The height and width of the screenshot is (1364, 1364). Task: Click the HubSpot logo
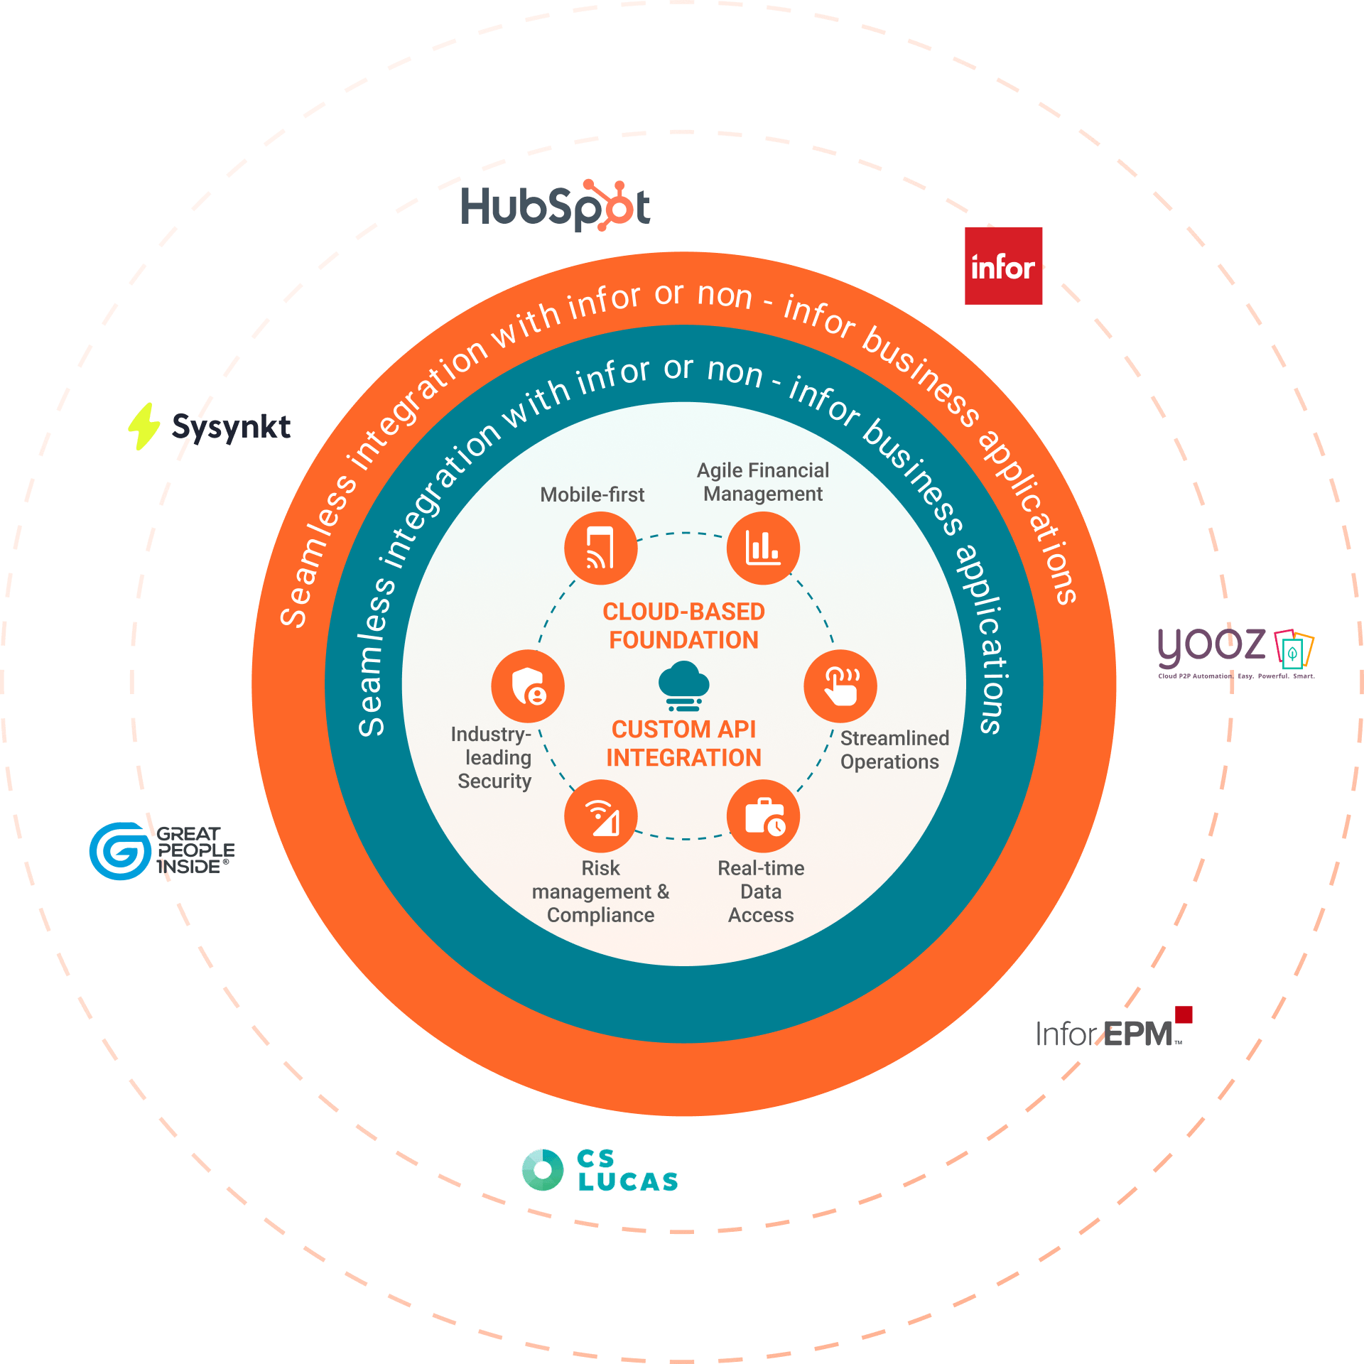556,207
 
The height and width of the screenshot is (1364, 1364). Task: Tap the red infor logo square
1003,266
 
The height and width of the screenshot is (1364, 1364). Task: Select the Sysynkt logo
210,426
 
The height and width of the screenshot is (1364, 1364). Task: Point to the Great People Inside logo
162,850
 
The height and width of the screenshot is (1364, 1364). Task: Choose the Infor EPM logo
1113,1030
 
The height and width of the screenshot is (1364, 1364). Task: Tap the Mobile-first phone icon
600,548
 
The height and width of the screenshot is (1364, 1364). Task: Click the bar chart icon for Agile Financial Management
763,548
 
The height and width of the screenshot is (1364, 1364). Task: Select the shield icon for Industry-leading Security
528,686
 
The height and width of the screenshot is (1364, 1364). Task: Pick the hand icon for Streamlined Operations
840,686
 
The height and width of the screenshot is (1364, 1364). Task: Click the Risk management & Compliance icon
600,816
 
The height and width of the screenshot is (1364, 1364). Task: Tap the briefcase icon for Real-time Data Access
763,816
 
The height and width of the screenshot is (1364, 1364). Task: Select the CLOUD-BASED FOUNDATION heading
683,626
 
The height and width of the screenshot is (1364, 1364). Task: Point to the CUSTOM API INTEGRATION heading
683,744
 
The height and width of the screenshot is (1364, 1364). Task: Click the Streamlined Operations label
894,750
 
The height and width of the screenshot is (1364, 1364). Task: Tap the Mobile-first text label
592,494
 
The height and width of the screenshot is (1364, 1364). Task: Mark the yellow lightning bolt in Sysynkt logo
144,426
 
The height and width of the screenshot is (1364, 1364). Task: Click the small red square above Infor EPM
1184,1014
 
